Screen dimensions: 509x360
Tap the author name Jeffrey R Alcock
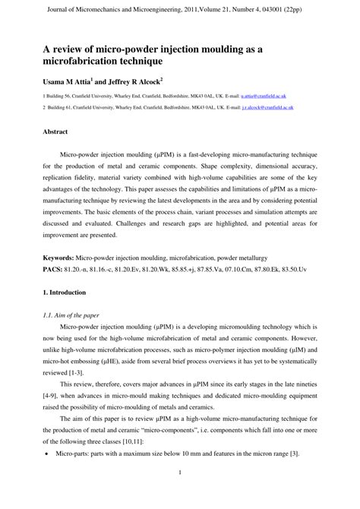pyautogui.click(x=133, y=81)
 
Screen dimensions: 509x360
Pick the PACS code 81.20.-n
pyautogui.click(x=80, y=269)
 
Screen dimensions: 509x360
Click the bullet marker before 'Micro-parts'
pyautogui.click(x=47, y=454)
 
